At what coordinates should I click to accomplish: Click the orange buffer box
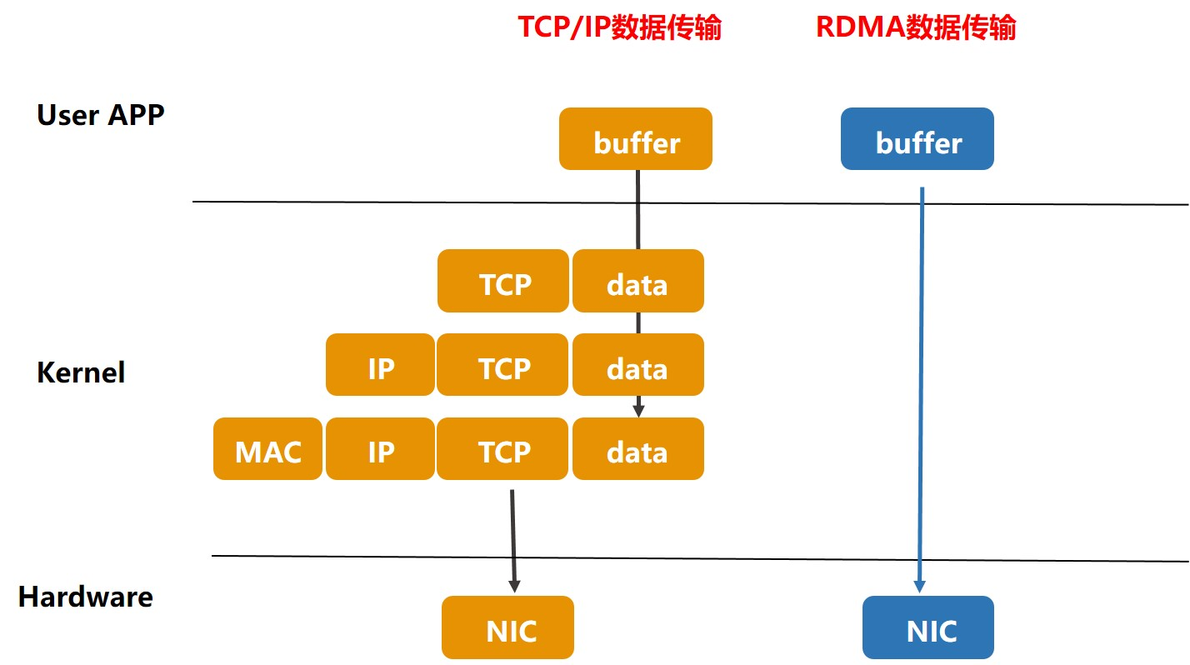pos(636,139)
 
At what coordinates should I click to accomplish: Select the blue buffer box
pos(917,139)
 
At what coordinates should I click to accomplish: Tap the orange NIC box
pos(507,627)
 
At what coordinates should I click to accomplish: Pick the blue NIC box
pos(928,627)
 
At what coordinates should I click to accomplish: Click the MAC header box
pos(267,449)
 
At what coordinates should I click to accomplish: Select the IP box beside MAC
pos(380,449)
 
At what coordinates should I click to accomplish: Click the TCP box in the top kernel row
pos(503,282)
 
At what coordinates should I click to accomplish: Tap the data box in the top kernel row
pos(637,282)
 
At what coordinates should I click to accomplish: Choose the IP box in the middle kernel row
pos(380,365)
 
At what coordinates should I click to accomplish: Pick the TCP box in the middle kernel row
pos(503,365)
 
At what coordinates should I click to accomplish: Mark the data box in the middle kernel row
pos(637,365)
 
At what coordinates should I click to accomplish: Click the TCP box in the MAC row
pos(503,449)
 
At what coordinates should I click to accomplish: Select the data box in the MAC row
pos(637,449)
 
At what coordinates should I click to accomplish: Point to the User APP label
pos(101,115)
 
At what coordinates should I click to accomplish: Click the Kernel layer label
pos(81,372)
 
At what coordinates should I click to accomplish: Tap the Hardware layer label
pos(86,597)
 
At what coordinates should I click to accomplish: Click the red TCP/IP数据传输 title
pos(619,27)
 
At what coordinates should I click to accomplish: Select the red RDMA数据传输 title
pos(916,27)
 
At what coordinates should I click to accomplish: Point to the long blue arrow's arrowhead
pos(919,585)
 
